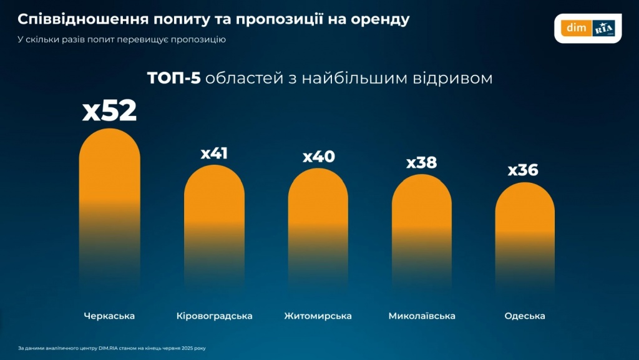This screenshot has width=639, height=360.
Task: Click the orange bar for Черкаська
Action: (x=110, y=200)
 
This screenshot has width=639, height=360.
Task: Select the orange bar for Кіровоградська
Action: (x=214, y=218)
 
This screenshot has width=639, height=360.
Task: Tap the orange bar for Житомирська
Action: (x=318, y=218)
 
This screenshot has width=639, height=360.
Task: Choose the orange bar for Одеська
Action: (x=525, y=228)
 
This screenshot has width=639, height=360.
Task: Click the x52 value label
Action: (x=110, y=111)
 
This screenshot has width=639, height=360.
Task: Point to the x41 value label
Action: (x=214, y=153)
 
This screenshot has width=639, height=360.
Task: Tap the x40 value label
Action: (x=318, y=156)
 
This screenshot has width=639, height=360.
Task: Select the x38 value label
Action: (x=422, y=162)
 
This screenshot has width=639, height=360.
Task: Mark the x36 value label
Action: (x=523, y=170)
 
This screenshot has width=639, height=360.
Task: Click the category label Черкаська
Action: (x=109, y=316)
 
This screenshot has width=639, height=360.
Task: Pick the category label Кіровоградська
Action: (x=214, y=316)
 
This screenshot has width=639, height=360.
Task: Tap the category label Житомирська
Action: (x=318, y=316)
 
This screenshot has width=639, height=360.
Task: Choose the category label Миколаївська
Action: (x=422, y=316)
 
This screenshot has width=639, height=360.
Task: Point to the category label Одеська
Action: (x=525, y=316)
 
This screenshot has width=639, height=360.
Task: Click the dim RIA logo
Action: (x=588, y=28)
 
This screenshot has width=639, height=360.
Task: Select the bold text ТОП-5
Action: (x=173, y=79)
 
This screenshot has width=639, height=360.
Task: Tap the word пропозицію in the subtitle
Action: (x=196, y=39)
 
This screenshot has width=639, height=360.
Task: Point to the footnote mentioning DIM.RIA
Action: (x=112, y=348)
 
